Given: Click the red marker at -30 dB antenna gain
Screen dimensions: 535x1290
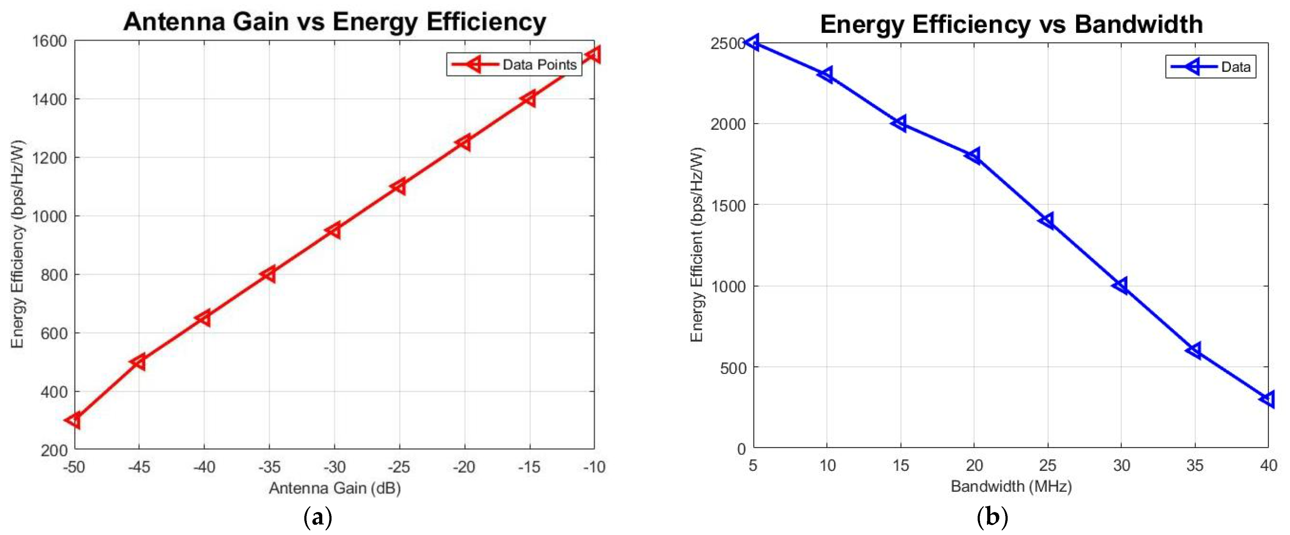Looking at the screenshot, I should tap(334, 230).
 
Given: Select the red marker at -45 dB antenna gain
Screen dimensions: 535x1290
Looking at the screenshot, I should tap(139, 362).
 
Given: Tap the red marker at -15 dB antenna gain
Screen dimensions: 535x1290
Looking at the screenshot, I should tap(529, 99).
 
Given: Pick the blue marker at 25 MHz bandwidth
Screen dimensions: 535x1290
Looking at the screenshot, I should tap(1047, 220).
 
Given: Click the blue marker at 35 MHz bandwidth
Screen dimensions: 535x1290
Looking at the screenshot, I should tap(1194, 350).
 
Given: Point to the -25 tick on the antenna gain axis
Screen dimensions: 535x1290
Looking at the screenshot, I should tap(399, 467).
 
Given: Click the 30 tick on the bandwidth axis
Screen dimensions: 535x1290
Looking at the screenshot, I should tap(1121, 465).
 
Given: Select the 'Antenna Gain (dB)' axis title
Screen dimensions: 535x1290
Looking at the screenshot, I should tap(335, 488).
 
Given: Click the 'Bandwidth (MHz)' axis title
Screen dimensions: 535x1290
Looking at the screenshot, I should tap(1011, 486).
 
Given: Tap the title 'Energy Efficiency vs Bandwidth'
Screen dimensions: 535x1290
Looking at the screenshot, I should tap(1011, 24).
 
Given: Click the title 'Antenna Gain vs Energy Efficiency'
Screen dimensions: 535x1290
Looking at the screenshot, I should tap(335, 22).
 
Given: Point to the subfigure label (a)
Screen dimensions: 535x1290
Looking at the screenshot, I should tap(318, 517).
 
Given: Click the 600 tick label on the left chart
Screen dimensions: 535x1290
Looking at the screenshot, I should tap(54, 333).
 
